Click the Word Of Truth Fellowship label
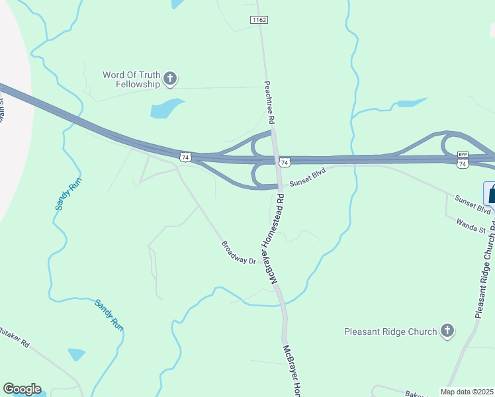pos(132,79)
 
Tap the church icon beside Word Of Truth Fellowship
pos(170,80)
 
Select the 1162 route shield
pos(259,21)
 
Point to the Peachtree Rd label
pos(269,103)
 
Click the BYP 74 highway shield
pos(463,159)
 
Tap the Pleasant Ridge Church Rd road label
pos(485,271)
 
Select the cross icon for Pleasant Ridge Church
pos(447,331)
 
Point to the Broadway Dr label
pos(238,252)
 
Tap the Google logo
pos(22,389)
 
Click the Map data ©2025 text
pos(467,392)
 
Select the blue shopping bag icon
pos(491,194)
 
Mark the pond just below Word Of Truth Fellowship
pos(166,108)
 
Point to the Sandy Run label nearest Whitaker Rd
pos(109,315)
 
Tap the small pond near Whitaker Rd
pos(77,354)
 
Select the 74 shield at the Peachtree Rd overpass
pos(284,162)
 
